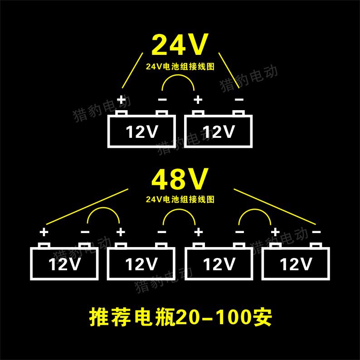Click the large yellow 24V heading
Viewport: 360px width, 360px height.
click(x=180, y=44)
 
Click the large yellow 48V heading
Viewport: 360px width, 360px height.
click(x=180, y=179)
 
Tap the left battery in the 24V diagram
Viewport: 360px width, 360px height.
click(x=141, y=131)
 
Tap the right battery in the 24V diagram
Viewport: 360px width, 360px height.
click(x=218, y=131)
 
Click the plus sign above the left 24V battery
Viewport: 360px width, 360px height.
click(x=121, y=99)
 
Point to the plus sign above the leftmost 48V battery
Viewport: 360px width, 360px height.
click(x=44, y=232)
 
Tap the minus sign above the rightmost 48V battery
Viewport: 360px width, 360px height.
click(x=316, y=232)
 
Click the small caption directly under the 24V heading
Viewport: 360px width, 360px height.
click(x=180, y=66)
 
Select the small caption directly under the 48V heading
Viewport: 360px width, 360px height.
click(x=180, y=199)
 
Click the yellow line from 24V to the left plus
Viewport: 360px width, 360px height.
click(x=132, y=70)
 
